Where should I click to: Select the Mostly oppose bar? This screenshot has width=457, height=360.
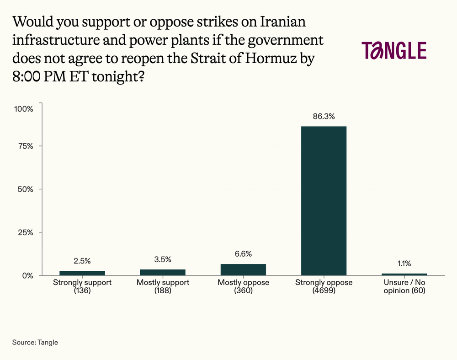tap(243, 269)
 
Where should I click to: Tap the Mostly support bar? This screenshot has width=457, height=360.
tap(163, 272)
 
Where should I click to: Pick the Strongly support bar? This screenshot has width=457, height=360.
tap(82, 273)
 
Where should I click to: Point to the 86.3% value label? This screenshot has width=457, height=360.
tap(324, 116)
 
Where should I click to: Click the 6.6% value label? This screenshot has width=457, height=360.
tap(243, 254)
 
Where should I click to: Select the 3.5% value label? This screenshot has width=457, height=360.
tap(163, 259)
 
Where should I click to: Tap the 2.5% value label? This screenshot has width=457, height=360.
tap(82, 261)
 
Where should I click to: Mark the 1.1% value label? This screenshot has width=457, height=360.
tap(404, 263)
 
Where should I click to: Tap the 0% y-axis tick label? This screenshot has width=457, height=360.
tap(27, 275)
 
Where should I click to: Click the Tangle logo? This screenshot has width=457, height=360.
tap(393, 50)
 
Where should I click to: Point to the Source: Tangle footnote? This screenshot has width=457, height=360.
tap(35, 342)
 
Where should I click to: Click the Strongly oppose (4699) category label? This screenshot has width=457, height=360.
tap(324, 286)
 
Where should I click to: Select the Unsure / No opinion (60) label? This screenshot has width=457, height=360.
tap(404, 286)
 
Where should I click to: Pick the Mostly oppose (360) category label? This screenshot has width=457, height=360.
tap(243, 286)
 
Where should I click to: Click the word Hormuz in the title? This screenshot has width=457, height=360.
tap(267, 58)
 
